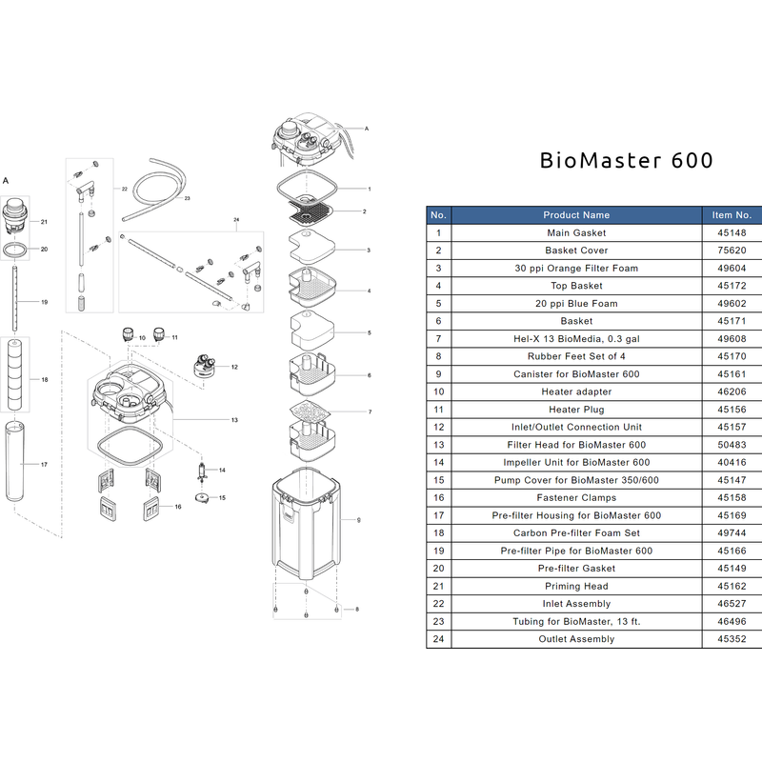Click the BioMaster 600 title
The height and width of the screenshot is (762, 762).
(x=626, y=160)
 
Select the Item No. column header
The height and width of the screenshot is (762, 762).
(x=732, y=215)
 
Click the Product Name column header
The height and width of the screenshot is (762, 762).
(x=576, y=215)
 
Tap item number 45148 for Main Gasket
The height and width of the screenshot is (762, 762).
(x=732, y=232)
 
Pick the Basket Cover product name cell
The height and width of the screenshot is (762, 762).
(x=576, y=251)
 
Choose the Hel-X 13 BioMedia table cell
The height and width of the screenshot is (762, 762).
(x=576, y=339)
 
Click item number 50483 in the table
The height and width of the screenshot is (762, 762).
(x=732, y=445)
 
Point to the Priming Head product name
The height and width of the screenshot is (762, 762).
(x=576, y=587)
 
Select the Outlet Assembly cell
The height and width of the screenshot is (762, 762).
(x=576, y=639)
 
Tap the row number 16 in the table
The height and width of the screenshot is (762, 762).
(x=438, y=498)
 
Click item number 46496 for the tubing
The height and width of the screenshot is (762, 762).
(x=732, y=622)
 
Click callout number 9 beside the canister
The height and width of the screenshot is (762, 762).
(x=357, y=520)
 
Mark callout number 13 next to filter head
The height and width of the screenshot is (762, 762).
(x=234, y=419)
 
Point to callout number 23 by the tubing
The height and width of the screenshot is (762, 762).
(x=188, y=198)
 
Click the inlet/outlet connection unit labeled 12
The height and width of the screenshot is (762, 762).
(x=204, y=365)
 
